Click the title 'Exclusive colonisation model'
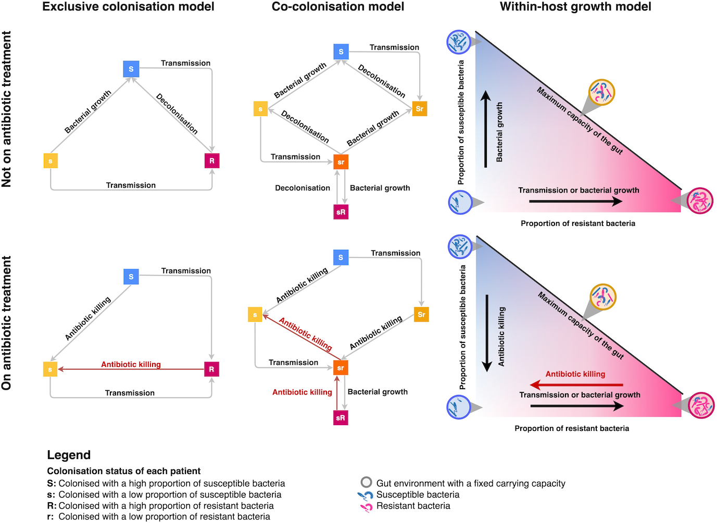128,7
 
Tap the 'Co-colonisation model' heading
338,7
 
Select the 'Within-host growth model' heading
575,7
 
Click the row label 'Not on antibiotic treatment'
7,109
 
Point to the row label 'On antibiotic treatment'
7,323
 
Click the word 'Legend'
69,455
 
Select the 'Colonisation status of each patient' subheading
124,471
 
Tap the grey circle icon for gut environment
367,482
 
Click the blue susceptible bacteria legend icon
366,495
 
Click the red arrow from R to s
131,369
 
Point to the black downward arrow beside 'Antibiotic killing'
487,333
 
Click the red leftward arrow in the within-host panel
576,385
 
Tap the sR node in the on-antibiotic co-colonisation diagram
341,418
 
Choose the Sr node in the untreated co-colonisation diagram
420,109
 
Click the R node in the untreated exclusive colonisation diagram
212,161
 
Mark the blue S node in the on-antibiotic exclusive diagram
131,277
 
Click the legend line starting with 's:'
164,495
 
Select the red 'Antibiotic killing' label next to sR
302,392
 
